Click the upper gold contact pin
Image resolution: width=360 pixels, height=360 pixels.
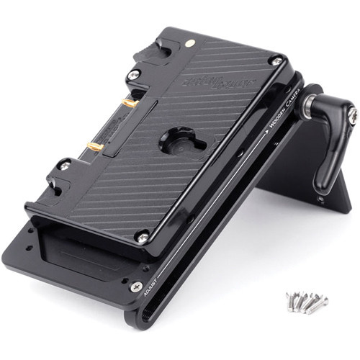130,104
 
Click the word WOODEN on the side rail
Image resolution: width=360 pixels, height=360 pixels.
276,122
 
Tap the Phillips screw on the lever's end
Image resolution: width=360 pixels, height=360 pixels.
352,115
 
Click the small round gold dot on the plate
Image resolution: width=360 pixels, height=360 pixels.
189,44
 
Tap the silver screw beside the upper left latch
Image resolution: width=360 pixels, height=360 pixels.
134,74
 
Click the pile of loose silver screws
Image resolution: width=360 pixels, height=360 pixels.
306,300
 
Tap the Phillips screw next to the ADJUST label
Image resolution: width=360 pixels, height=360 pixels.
136,287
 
